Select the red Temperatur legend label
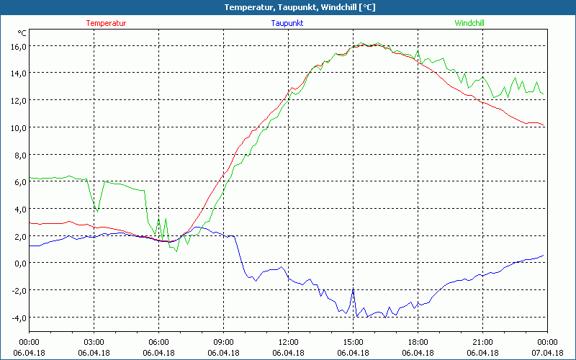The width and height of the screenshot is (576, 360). click(106, 23)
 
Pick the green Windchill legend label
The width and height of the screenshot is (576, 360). click(469, 23)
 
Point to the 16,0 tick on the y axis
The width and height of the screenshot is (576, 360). click(17, 46)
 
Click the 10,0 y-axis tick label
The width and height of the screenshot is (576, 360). click(17, 127)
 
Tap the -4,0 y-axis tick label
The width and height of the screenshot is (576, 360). click(17, 318)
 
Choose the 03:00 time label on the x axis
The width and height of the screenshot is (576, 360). click(94, 342)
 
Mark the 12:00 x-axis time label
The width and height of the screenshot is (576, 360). click(288, 342)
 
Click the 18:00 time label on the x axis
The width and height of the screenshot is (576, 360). click(418, 342)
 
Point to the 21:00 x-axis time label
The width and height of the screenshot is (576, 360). click(482, 342)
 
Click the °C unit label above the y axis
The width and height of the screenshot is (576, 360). click(22, 33)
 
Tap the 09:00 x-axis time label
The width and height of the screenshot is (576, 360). click(223, 342)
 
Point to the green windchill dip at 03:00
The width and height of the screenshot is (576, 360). click(97, 211)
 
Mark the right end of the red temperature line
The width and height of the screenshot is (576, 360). click(545, 127)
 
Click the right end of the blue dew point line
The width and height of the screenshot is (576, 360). click(545, 254)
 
